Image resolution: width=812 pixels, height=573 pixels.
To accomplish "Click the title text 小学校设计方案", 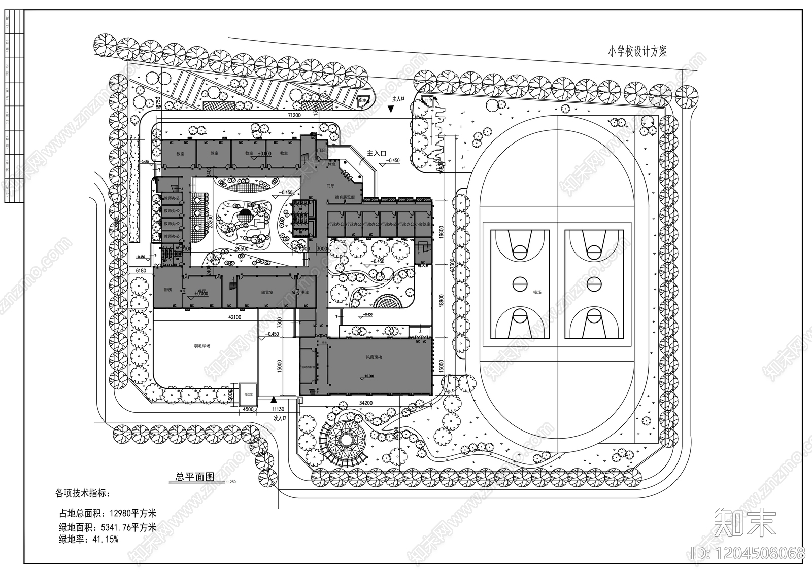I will point(638,51).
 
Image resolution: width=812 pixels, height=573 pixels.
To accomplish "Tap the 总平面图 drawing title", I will point(195,477).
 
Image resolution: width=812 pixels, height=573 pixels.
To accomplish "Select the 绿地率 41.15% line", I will point(89,539).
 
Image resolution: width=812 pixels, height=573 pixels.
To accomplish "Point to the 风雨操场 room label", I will point(374,356).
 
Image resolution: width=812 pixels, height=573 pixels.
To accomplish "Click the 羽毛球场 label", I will point(201,346).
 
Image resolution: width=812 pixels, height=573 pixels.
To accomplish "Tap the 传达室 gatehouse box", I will point(248,393).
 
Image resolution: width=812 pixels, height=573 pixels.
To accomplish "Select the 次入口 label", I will point(280,419).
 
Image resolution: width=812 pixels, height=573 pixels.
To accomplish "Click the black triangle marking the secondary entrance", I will point(273,400).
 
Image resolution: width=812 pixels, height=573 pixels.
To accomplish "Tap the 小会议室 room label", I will point(423,224).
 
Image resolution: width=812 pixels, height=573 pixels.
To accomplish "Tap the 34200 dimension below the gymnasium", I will point(366,403).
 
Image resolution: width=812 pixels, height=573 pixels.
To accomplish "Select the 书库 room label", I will point(306,293).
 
